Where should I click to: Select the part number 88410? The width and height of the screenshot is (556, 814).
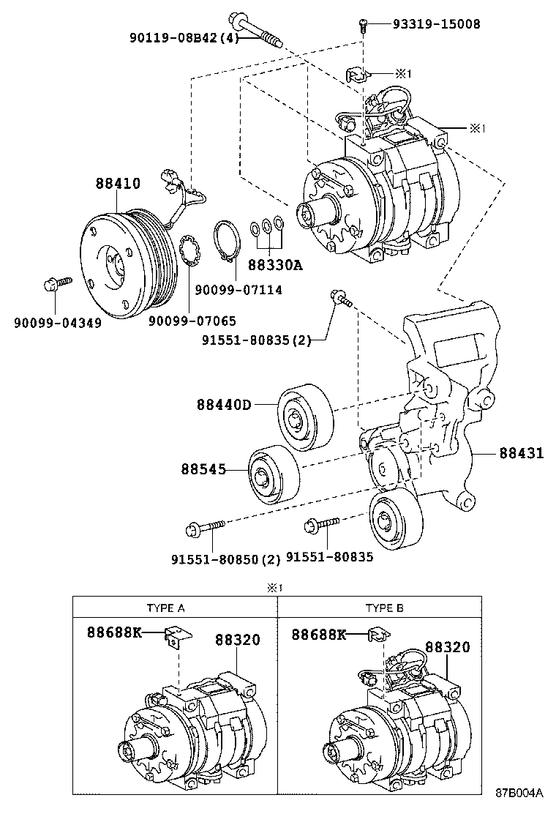[117, 184]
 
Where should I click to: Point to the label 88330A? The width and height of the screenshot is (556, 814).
[274, 265]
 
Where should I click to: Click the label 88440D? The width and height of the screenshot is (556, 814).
[223, 404]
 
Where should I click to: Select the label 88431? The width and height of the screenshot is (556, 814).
[522, 454]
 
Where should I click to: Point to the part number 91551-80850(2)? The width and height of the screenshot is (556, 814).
[225, 559]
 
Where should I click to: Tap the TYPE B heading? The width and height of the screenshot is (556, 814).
[384, 608]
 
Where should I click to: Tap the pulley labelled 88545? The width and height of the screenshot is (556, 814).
[273, 474]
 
